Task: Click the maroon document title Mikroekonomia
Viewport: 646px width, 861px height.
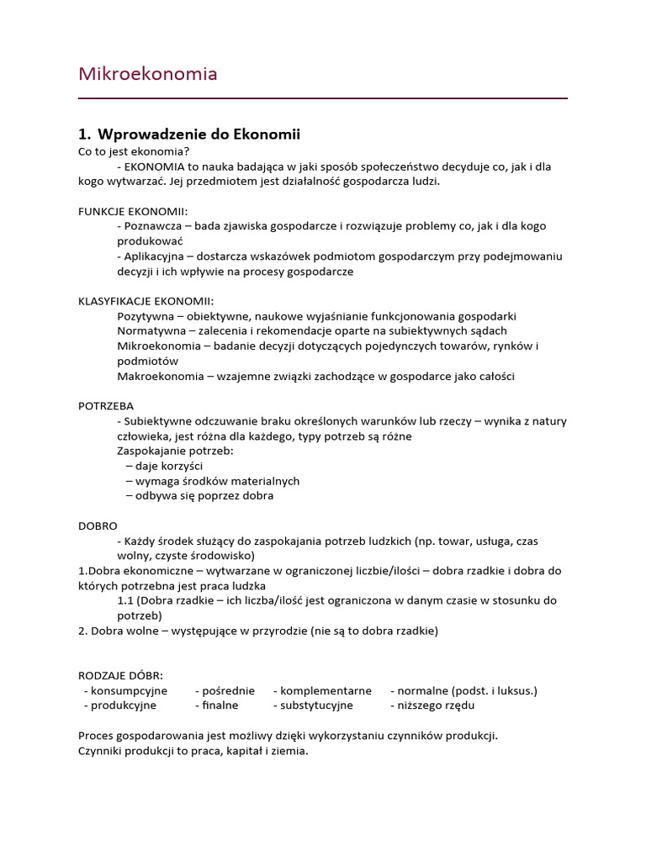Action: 147,74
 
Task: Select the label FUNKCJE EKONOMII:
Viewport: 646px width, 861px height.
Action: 133,211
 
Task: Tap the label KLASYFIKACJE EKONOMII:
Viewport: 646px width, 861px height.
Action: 146,301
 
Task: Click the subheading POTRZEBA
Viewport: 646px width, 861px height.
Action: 106,405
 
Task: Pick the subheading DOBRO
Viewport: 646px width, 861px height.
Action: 98,525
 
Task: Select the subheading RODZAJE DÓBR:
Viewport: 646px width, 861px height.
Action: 120,675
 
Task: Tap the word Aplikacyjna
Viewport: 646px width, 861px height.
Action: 154,256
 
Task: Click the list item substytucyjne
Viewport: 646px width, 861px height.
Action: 316,705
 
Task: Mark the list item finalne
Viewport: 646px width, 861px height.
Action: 219,705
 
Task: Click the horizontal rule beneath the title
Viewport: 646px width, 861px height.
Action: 323,98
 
